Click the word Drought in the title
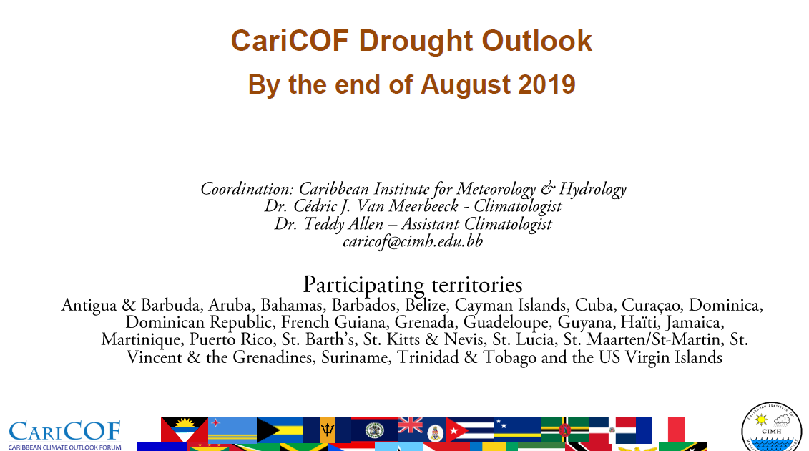point(416,41)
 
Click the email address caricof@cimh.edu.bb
point(413,241)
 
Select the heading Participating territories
point(412,285)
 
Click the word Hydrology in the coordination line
point(593,189)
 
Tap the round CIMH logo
point(771,427)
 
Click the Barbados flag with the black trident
point(327,430)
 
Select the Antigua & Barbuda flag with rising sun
point(185,430)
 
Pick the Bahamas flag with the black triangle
point(280,430)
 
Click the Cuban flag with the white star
point(469,430)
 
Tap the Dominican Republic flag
point(612,430)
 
